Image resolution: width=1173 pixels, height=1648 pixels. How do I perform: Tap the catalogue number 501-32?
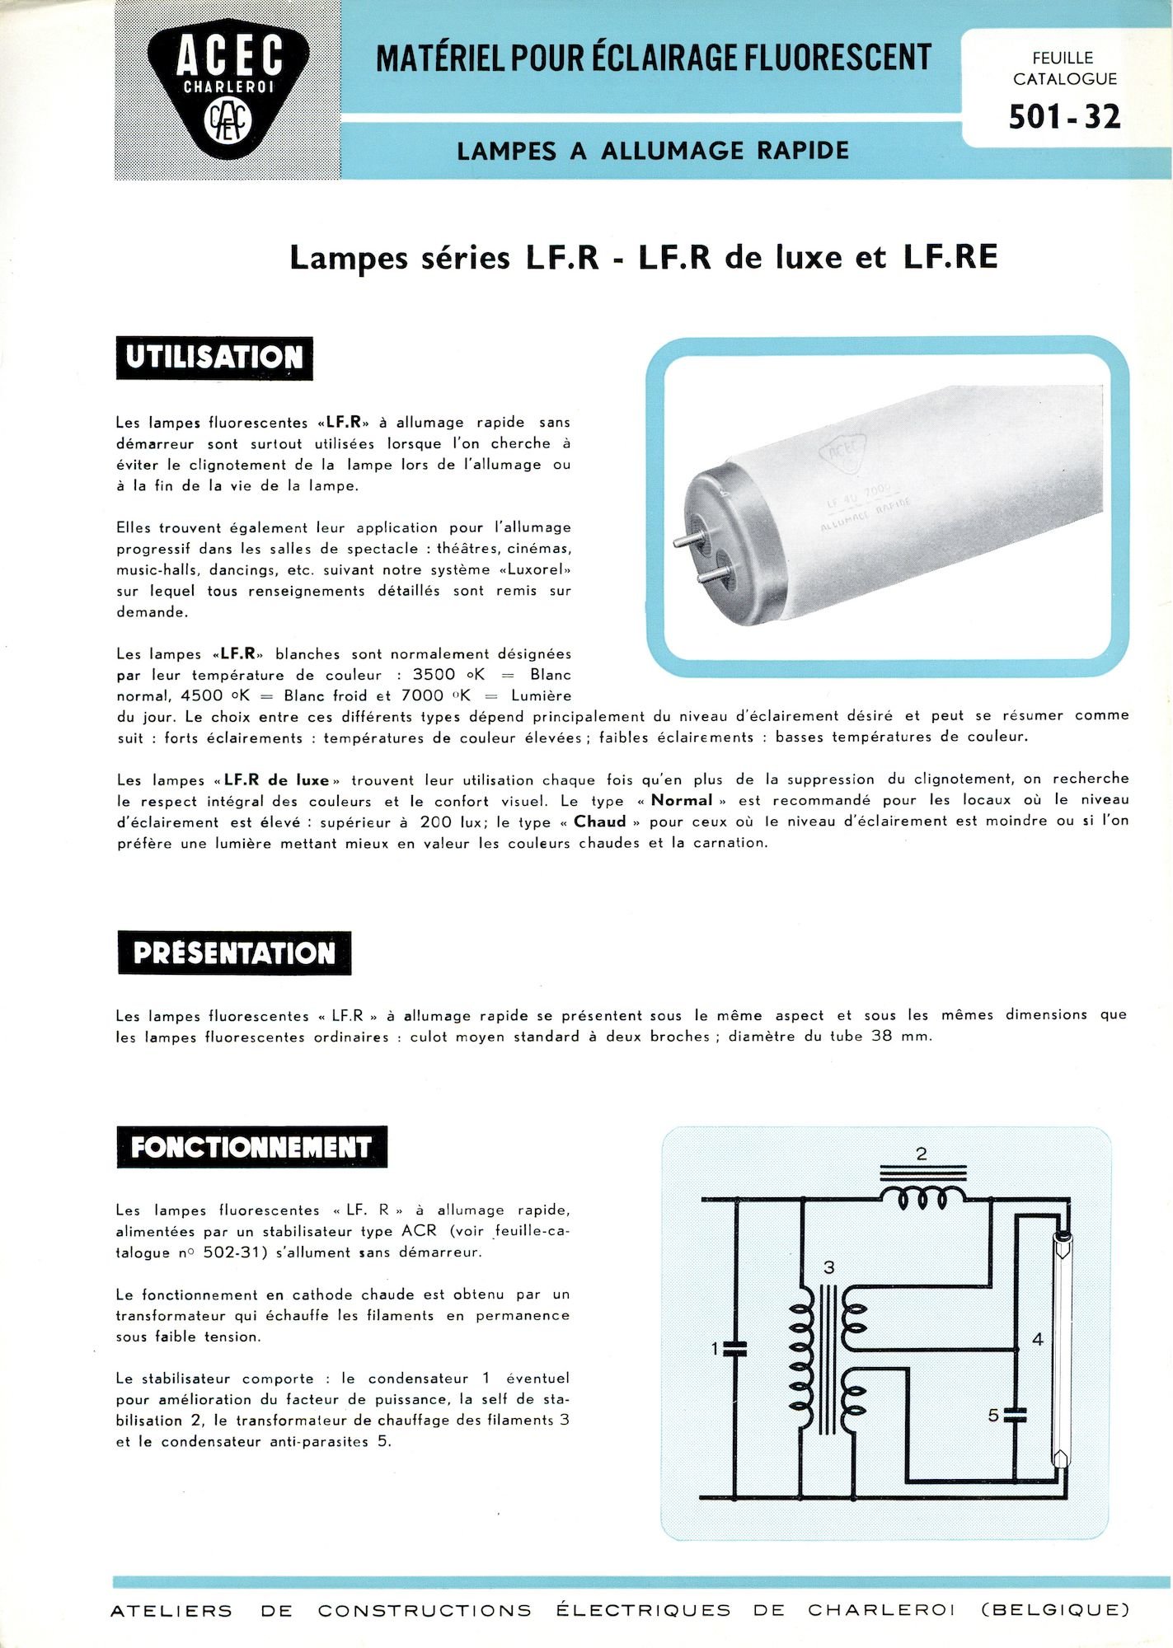click(1064, 118)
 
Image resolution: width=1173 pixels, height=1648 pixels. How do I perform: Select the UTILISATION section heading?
click(214, 358)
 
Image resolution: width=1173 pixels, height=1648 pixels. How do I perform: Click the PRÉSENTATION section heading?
click(234, 953)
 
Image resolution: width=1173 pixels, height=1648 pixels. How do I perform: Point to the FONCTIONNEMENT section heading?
click(251, 1147)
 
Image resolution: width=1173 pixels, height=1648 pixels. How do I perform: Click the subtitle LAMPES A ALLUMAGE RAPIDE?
click(653, 151)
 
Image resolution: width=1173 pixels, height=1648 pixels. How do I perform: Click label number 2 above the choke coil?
click(922, 1154)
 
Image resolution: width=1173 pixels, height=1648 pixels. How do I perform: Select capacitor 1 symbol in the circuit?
click(734, 1349)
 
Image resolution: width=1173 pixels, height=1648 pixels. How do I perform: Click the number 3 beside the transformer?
click(828, 1267)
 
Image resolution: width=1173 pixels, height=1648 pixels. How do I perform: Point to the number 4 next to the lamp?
click(1037, 1340)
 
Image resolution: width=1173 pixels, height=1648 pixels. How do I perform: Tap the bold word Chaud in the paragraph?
click(600, 822)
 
